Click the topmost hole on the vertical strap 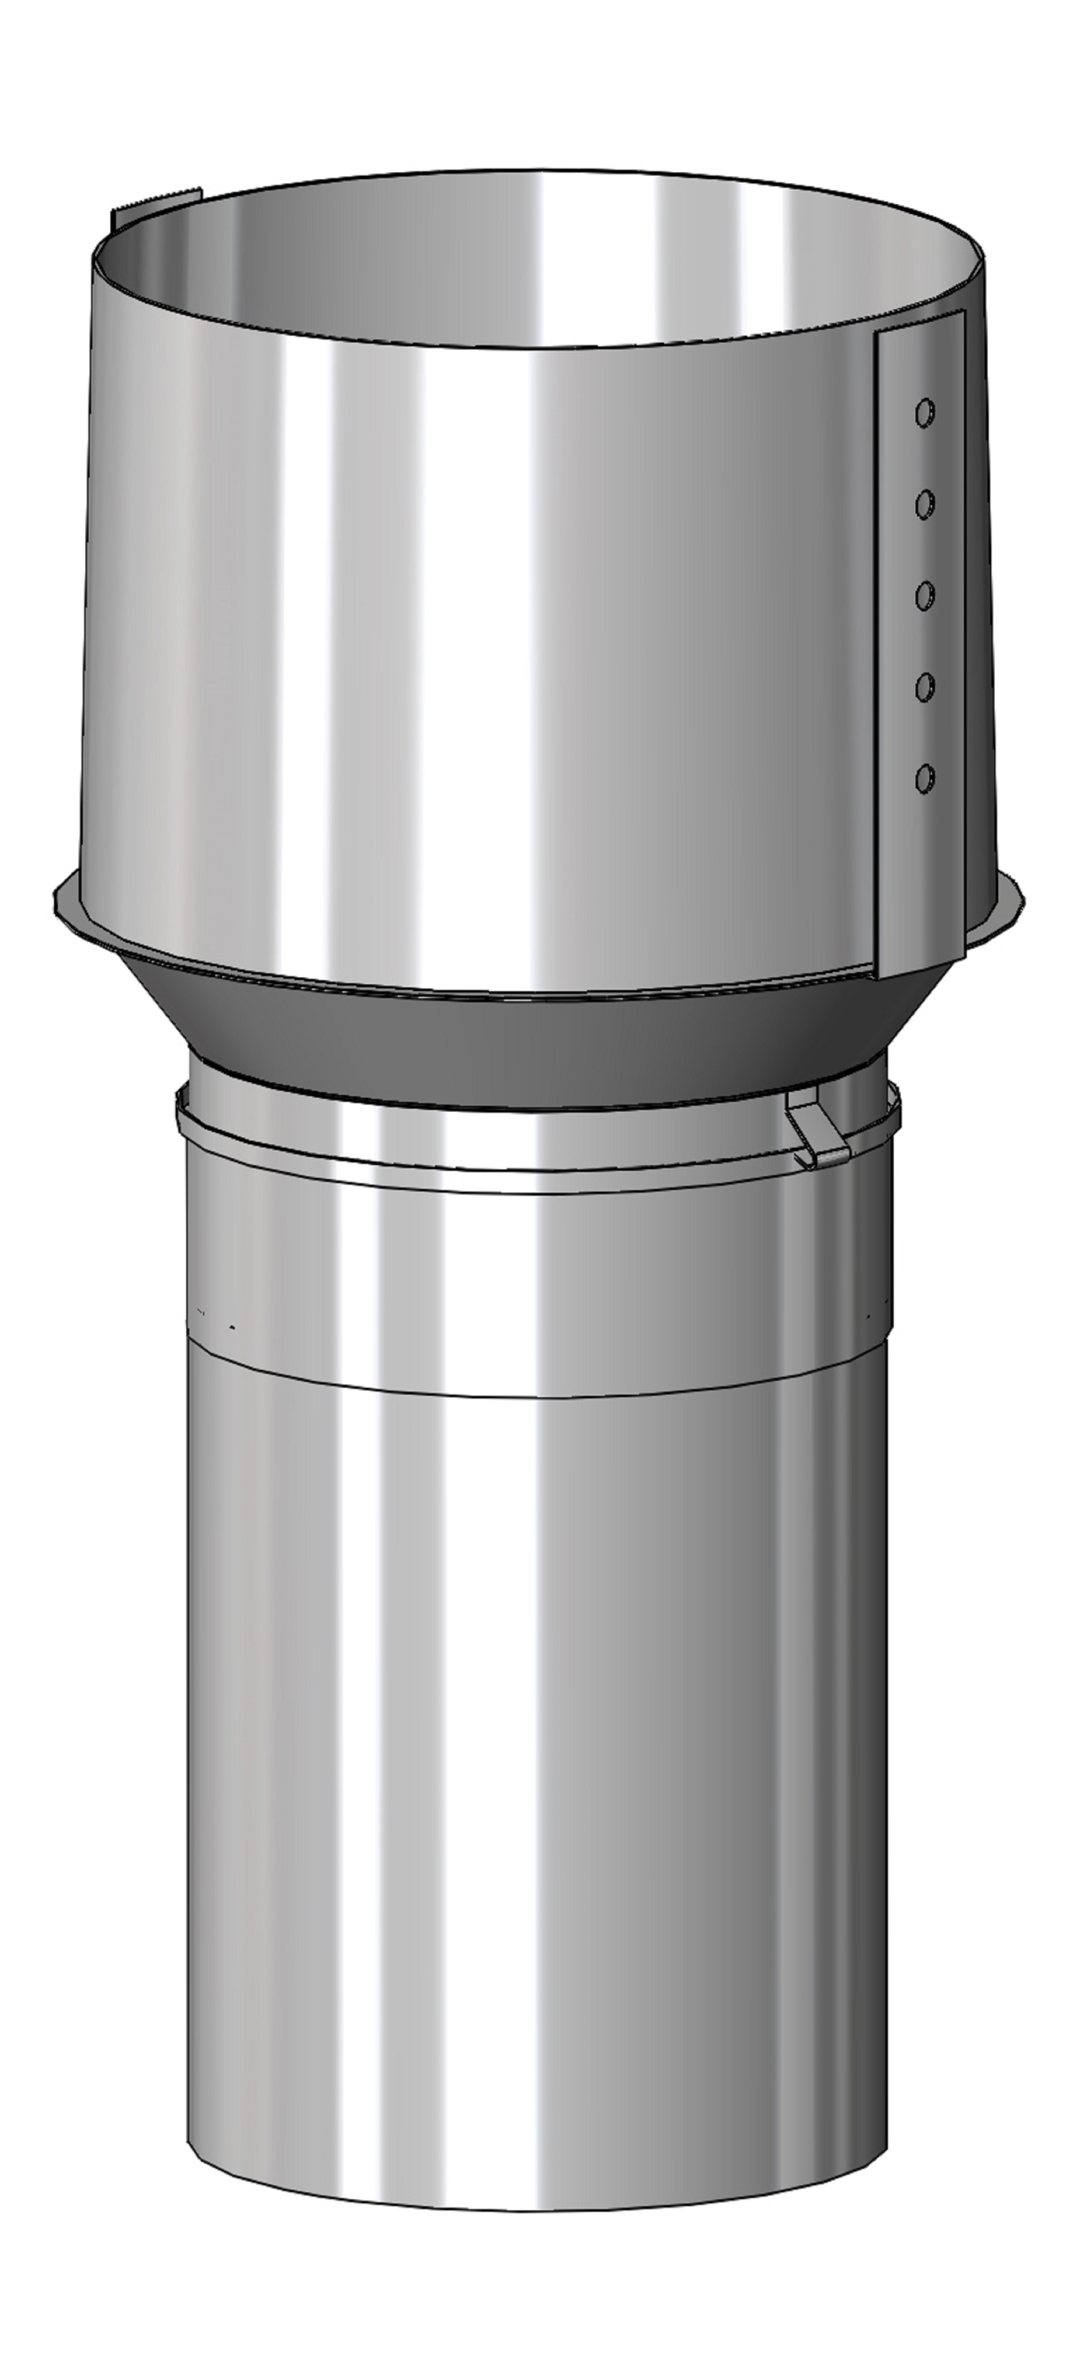click(x=925, y=412)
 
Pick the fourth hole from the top click(x=925, y=686)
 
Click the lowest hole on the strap click(x=925, y=778)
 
